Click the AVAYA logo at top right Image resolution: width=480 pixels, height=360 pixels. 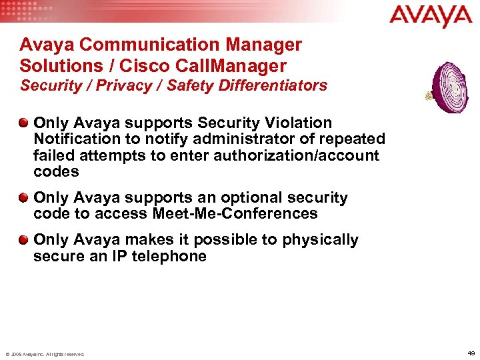431,15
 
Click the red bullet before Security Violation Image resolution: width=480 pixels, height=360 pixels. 24,123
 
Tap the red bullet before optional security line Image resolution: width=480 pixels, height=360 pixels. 24,197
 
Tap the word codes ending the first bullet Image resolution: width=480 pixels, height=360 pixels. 56,171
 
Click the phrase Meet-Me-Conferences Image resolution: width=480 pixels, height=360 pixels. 235,213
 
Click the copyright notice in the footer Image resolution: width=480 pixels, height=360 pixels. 45,354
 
